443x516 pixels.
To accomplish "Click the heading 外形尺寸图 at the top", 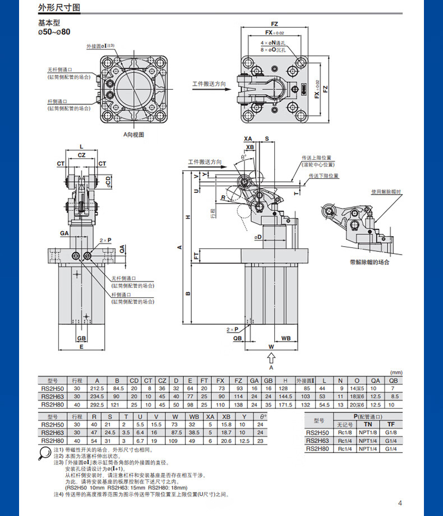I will [59, 8].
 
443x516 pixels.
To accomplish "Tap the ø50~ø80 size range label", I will [54, 33].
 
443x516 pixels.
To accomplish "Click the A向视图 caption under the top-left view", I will [134, 135].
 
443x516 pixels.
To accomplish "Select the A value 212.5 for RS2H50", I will [98, 388].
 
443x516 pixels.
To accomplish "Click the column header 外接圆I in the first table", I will [307, 380].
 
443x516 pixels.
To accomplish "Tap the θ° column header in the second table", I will [260, 417].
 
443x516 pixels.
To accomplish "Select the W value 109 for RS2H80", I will [175, 440].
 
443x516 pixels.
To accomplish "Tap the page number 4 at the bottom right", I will [400, 503].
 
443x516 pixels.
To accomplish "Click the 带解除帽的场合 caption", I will [369, 262].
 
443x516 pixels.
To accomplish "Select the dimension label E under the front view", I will [81, 347].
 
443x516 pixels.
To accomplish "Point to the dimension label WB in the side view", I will [286, 338].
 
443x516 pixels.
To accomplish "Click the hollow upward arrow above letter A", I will [271, 357].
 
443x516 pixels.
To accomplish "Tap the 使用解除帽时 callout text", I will [386, 192].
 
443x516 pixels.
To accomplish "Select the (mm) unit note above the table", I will [396, 372].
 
